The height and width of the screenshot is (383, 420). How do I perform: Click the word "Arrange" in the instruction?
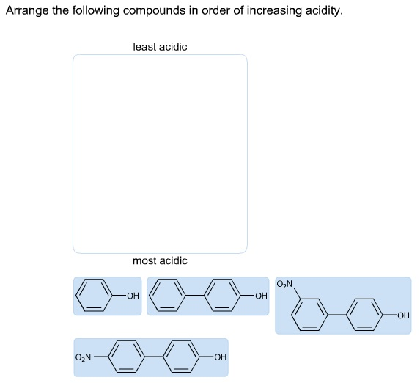click(27, 11)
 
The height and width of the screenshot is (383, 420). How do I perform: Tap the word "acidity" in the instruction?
click(323, 11)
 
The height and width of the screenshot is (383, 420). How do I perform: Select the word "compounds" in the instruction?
click(154, 11)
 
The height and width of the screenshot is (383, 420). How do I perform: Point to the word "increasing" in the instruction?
click(274, 11)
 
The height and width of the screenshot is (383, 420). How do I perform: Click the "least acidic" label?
click(160, 47)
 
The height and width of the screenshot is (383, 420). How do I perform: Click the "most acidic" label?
click(160, 260)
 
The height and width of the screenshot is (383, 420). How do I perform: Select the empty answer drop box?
click(160, 154)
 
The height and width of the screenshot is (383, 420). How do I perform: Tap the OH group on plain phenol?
click(133, 296)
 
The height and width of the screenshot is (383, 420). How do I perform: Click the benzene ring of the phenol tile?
click(94, 295)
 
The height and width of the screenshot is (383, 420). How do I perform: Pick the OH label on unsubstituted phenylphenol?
click(261, 296)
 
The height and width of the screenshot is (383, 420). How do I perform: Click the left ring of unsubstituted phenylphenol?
click(167, 295)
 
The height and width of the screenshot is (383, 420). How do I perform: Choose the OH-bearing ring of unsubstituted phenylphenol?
click(222, 295)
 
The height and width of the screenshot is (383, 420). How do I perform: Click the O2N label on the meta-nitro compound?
click(284, 283)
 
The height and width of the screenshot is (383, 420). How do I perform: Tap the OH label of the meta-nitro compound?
click(403, 315)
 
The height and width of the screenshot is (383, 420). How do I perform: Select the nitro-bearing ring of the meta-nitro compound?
click(309, 315)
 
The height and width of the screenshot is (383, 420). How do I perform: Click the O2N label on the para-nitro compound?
click(83, 357)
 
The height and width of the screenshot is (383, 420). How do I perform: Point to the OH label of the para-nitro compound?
click(221, 357)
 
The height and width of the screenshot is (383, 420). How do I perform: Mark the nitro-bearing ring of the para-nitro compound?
click(126, 357)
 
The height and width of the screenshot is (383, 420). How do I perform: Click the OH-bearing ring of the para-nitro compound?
click(181, 357)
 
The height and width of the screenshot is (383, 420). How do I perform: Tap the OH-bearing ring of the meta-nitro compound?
click(364, 315)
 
